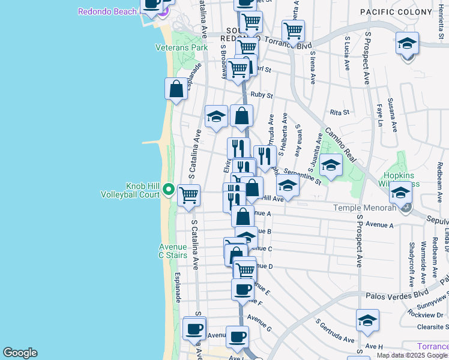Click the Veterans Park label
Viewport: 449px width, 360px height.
tap(181, 47)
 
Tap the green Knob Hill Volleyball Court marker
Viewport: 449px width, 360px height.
tap(169, 190)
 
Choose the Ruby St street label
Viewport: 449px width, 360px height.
tap(262, 95)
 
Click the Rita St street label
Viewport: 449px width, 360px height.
tap(340, 112)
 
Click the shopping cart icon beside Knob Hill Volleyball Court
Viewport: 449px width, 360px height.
tap(189, 194)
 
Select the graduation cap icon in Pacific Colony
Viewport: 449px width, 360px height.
tap(407, 44)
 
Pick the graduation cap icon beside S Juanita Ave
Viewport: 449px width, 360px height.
tap(330, 164)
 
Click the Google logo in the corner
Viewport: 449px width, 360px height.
tap(20, 353)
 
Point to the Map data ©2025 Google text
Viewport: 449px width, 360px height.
tap(412, 355)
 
